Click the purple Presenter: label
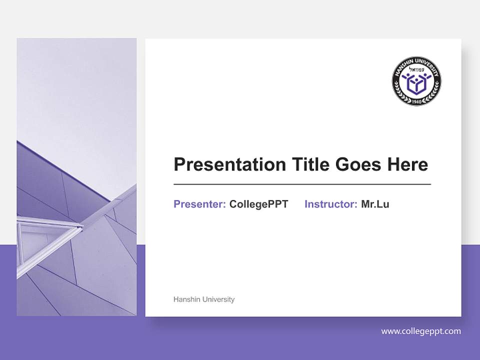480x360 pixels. pos(199,204)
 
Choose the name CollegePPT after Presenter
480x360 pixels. pos(258,204)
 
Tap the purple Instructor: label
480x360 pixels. pos(330,204)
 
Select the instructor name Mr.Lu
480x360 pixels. pos(375,204)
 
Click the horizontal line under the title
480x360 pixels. pos(302,184)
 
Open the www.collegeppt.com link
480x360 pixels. pos(421,331)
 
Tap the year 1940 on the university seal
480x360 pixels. pos(416,101)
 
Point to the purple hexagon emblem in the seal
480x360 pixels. pos(416,84)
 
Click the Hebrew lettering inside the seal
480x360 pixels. pos(416,69)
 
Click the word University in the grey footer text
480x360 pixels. pos(218,299)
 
